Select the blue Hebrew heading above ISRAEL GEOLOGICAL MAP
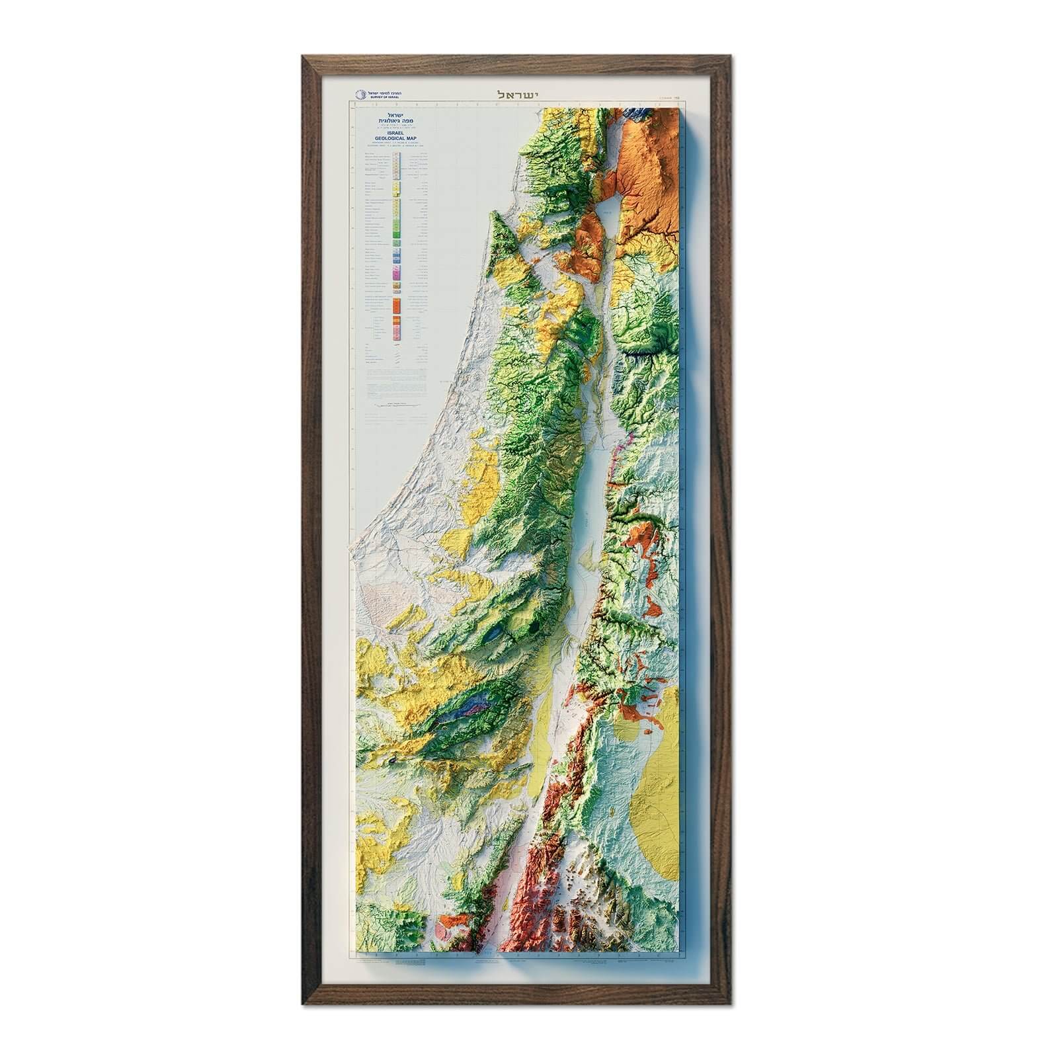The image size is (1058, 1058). click(x=396, y=117)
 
